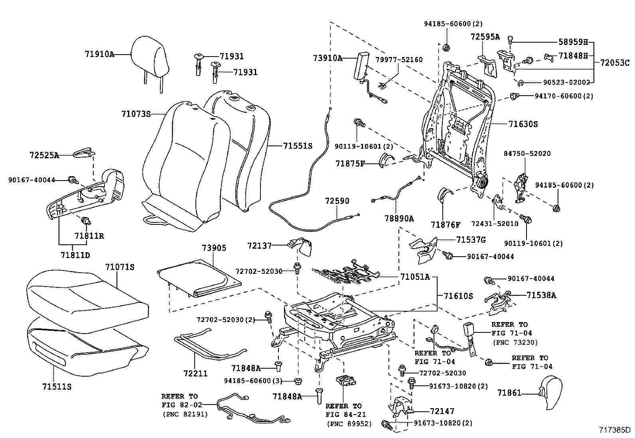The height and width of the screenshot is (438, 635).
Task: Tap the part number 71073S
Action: (136, 114)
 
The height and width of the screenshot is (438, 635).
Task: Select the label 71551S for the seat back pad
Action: (298, 146)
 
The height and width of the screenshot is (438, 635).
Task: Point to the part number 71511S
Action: (57, 386)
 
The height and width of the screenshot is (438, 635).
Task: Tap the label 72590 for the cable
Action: (337, 200)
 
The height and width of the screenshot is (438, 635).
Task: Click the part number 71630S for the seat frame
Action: (523, 124)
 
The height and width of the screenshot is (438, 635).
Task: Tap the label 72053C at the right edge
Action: (615, 63)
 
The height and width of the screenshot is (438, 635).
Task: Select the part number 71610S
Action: (458, 296)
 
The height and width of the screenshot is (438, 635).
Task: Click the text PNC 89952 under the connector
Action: (349, 424)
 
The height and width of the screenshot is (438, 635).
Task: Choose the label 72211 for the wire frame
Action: (195, 373)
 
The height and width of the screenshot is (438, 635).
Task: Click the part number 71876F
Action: (445, 225)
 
